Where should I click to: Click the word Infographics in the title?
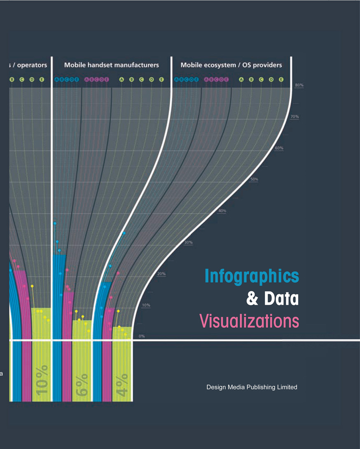click(x=251, y=277)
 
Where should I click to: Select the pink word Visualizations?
click(x=249, y=321)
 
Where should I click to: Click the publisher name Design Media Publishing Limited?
click(x=252, y=387)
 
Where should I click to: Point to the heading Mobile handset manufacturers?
click(x=111, y=65)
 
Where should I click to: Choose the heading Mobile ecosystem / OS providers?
click(x=231, y=65)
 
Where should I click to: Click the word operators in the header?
click(x=32, y=65)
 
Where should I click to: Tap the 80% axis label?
click(x=299, y=85)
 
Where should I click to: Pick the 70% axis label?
click(x=295, y=117)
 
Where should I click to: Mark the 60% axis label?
click(x=279, y=148)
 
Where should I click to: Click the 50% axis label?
click(x=254, y=179)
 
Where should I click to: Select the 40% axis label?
click(x=222, y=211)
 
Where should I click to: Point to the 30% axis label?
click(x=188, y=242)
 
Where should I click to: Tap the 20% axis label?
click(x=161, y=274)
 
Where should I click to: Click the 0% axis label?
click(x=141, y=336)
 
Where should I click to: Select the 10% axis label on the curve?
click(x=146, y=305)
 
